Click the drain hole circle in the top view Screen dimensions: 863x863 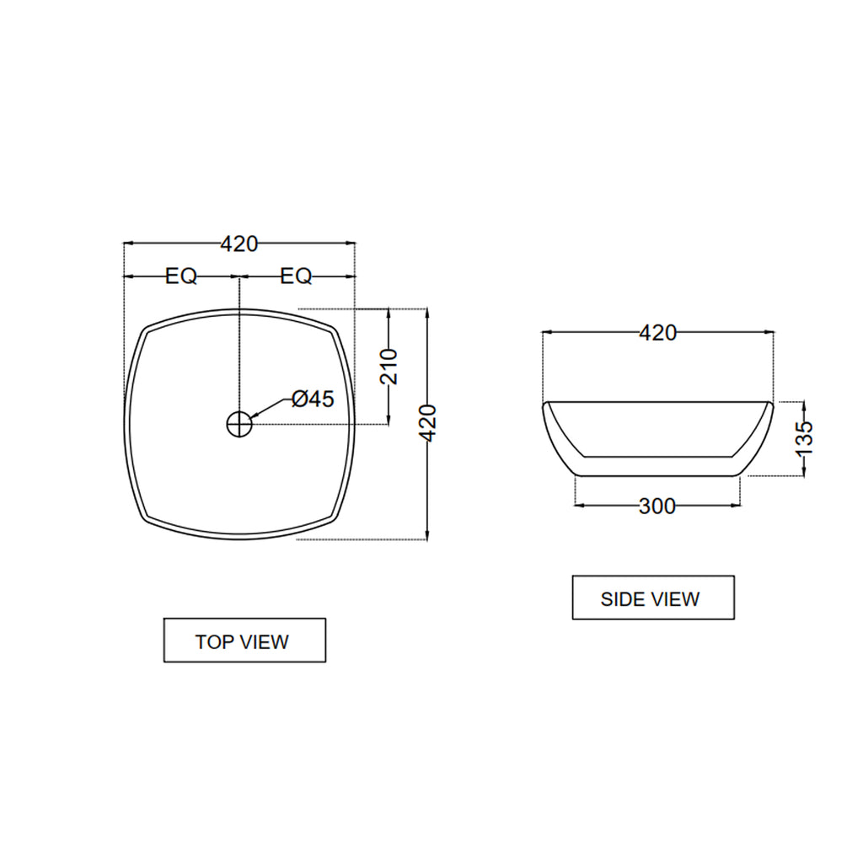click(x=239, y=423)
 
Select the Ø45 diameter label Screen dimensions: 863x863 click(x=313, y=399)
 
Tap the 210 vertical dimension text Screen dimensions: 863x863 click(x=389, y=366)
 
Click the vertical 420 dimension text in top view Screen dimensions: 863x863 click(x=428, y=423)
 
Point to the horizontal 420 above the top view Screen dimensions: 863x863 click(x=239, y=244)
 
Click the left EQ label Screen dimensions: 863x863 click(x=181, y=276)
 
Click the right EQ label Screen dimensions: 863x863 click(x=297, y=276)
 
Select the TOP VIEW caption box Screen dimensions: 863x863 click(x=244, y=641)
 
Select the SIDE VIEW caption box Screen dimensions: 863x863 click(x=653, y=598)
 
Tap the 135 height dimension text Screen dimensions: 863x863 click(x=805, y=437)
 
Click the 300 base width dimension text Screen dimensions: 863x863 click(x=657, y=506)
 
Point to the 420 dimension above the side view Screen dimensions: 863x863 click(x=657, y=333)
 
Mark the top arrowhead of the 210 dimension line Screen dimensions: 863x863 click(x=389, y=313)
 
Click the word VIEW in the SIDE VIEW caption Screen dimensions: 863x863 click(x=676, y=599)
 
